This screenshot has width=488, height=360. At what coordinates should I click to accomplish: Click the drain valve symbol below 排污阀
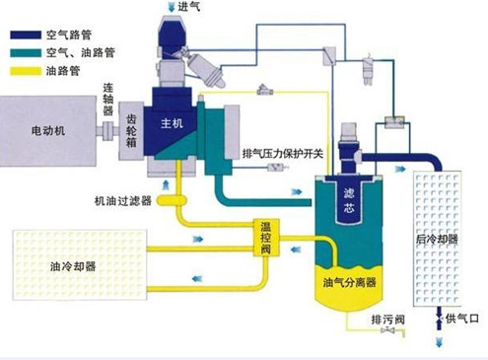pos(388,341)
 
